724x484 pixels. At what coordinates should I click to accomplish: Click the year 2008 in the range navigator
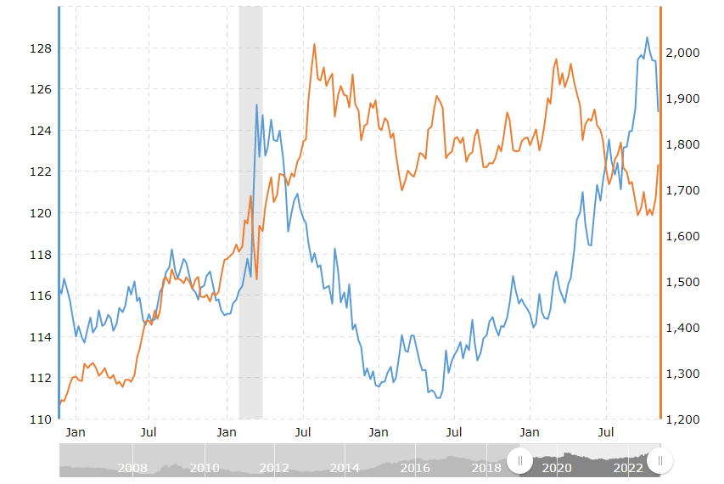pyautogui.click(x=132, y=468)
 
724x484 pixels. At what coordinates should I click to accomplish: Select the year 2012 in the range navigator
pyautogui.click(x=274, y=468)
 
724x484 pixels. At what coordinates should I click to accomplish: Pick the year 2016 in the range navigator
pyautogui.click(x=415, y=468)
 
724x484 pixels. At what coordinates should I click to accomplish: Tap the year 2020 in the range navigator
pyautogui.click(x=556, y=468)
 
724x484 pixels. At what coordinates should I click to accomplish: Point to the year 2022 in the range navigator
pyautogui.click(x=628, y=468)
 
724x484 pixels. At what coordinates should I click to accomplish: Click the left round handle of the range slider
pyautogui.click(x=519, y=461)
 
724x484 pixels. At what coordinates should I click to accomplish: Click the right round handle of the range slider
pyautogui.click(x=659, y=461)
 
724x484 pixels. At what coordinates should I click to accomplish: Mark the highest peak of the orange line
pyautogui.click(x=315, y=44)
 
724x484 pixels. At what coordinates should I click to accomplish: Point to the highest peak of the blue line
pyautogui.click(x=647, y=37)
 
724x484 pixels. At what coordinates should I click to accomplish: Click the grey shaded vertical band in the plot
pyautogui.click(x=250, y=212)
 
